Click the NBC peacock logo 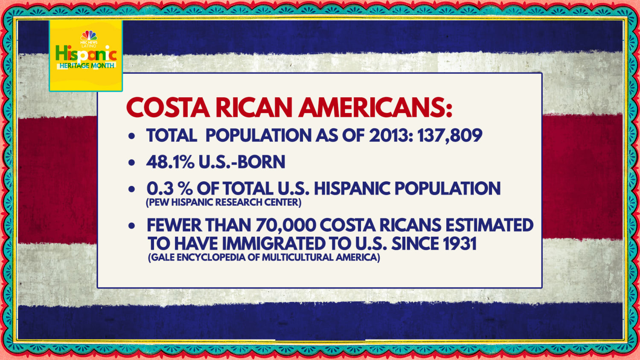point(89,35)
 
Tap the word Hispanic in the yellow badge point(86,54)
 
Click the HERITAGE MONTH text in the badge point(87,66)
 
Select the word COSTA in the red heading point(168,107)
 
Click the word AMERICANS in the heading point(375,107)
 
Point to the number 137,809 point(450,136)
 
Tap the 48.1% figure point(170,162)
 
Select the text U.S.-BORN point(242,162)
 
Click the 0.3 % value point(169,189)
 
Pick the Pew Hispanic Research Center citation point(224,202)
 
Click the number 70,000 point(286,225)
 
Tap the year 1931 point(460,244)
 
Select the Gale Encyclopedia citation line point(264,257)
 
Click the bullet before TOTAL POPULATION point(132,136)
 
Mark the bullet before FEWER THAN point(132,226)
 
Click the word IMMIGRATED point(273,244)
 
